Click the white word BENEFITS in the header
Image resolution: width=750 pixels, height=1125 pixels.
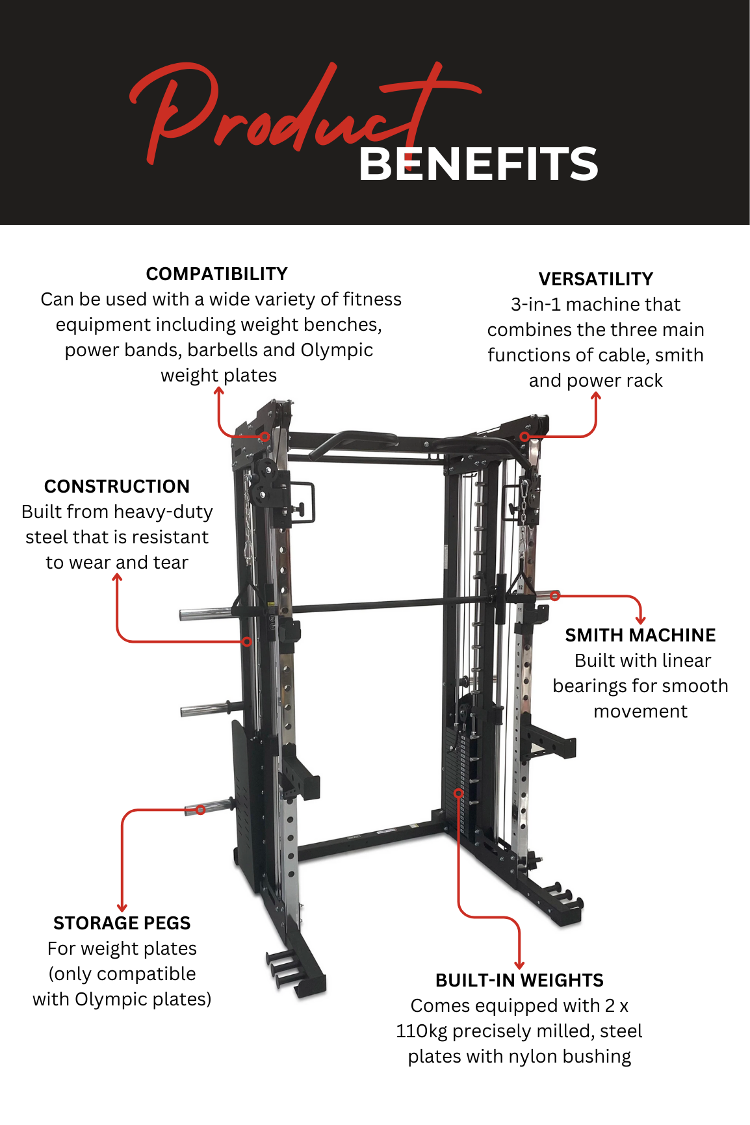click(478, 164)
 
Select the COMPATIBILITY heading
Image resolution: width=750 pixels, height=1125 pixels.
click(216, 274)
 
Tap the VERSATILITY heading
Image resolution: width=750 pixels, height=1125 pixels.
click(596, 279)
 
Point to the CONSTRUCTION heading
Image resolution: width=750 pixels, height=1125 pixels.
click(117, 486)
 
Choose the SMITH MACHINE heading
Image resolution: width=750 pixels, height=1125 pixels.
click(640, 635)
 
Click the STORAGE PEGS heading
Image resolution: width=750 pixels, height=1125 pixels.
click(122, 923)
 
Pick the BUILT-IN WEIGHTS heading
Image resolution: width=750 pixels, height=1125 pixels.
click(519, 980)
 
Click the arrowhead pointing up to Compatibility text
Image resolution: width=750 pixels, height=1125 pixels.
click(219, 390)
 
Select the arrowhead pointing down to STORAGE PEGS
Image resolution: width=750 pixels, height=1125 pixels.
click(122, 908)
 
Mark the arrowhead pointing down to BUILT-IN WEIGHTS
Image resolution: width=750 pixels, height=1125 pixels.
click(519, 965)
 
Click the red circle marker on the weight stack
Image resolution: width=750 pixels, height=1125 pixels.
click(458, 793)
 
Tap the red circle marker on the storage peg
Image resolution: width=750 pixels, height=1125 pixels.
click(200, 810)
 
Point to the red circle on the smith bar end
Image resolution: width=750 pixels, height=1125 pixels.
click(554, 595)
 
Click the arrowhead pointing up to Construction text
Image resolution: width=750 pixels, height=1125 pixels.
click(117, 578)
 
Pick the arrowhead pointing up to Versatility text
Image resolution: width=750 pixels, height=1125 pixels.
click(596, 396)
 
